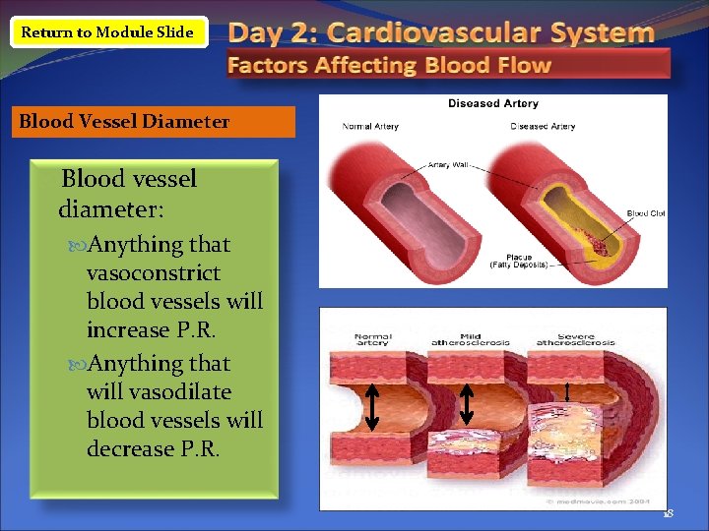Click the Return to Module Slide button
(x=107, y=32)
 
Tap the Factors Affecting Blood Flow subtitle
(x=390, y=66)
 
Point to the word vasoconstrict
(x=154, y=272)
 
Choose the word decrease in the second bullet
(x=129, y=448)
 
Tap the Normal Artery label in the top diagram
(x=370, y=126)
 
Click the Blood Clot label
(x=646, y=213)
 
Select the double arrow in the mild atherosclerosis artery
(x=467, y=403)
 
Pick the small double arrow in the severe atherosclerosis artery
(x=567, y=393)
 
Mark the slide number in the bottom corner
(x=667, y=513)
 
